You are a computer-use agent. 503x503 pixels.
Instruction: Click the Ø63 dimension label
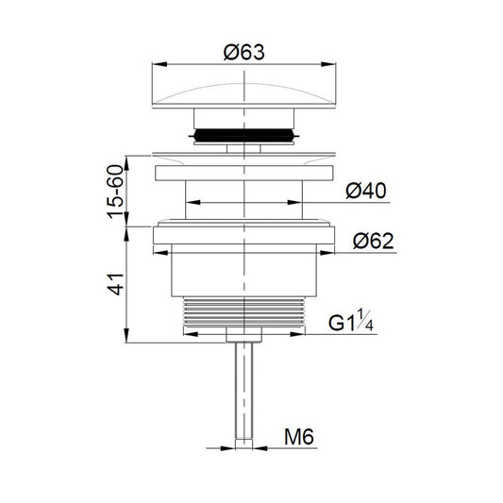point(244,54)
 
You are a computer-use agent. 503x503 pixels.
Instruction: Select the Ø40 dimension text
point(365,191)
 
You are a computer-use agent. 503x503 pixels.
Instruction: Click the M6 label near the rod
point(301,437)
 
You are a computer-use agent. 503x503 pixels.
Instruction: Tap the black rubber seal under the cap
point(244,135)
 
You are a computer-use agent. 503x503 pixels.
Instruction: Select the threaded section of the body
point(244,312)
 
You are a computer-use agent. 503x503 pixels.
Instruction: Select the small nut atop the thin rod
point(244,335)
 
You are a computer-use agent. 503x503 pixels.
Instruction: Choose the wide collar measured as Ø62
point(244,236)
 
